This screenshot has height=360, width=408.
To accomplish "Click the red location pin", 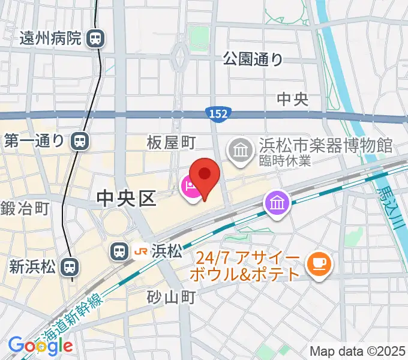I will (x=205, y=175).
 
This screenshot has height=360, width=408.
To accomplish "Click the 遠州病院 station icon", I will (x=95, y=40).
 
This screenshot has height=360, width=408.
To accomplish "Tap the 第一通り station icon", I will (x=79, y=142).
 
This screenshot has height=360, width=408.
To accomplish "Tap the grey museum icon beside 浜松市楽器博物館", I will (x=241, y=148).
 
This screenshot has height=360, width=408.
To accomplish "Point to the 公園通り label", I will (x=253, y=59).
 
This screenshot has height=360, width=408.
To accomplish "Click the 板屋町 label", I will (x=172, y=142).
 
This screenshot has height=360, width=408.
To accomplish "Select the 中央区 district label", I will (x=126, y=197).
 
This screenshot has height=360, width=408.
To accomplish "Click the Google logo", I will (x=41, y=346).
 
